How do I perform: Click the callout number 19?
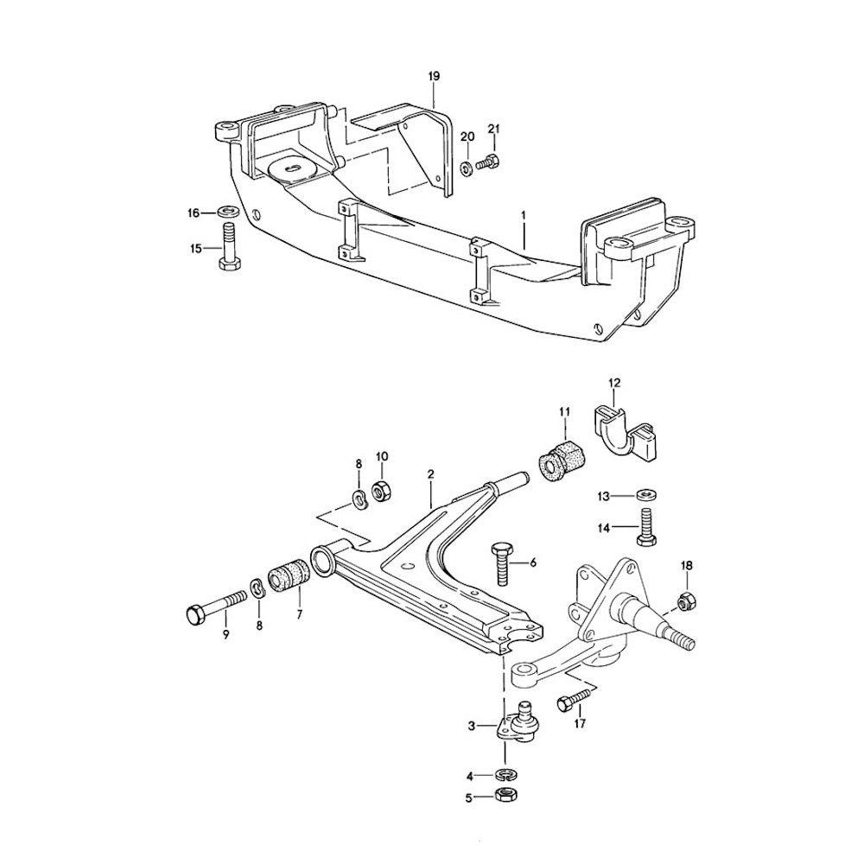click(434, 77)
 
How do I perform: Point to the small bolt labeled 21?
click(492, 160)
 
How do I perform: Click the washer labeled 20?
click(467, 166)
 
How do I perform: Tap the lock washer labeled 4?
click(505, 773)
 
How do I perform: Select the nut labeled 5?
click(505, 795)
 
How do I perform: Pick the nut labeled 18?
click(685, 599)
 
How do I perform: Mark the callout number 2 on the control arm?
click(429, 474)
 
